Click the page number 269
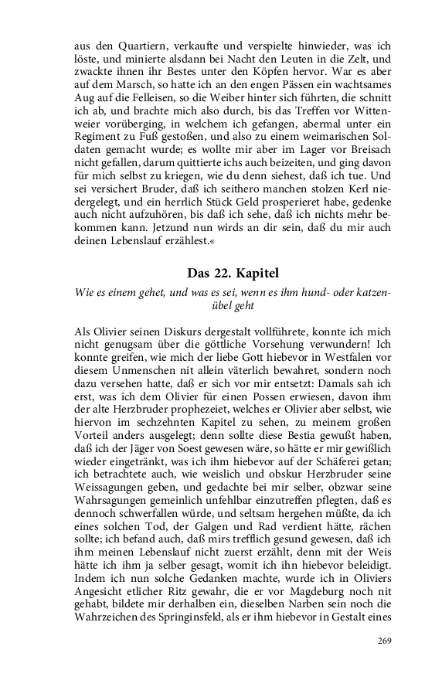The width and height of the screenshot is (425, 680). [x=384, y=641]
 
